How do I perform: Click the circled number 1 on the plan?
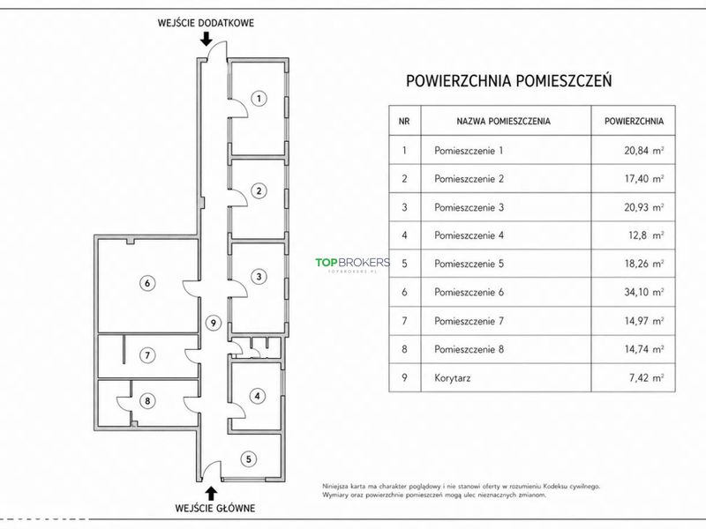259,99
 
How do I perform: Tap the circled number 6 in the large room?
147,283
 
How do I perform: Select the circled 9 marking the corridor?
214,323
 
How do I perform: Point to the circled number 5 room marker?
249,458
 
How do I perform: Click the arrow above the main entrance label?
211,493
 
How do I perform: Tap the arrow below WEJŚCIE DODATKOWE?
207,39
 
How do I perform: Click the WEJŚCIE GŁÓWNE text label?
215,509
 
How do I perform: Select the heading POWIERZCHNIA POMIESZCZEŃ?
509,81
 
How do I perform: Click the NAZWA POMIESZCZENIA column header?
503,121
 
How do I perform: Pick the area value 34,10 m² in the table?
644,292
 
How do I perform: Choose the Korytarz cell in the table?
453,378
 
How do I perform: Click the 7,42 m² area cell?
646,378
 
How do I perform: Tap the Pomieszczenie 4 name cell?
469,235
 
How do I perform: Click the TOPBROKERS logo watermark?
352,264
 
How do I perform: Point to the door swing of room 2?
240,197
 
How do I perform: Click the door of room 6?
192,288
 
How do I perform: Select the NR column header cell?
404,121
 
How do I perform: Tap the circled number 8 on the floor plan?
147,400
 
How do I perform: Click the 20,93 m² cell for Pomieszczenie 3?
644,207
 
